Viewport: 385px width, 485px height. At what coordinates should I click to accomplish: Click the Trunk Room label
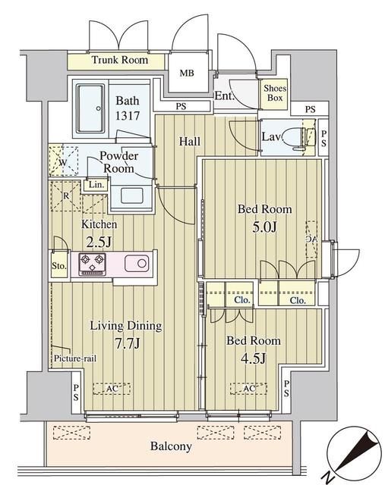pos(120,60)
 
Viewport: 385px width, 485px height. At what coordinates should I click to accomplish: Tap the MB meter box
pos(188,73)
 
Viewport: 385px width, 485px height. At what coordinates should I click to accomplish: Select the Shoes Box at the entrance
pos(274,93)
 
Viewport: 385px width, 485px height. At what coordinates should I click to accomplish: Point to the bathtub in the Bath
pos(90,108)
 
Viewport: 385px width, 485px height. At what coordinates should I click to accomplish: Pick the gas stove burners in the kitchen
pos(92,264)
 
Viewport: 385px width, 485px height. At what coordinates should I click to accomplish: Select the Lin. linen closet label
pos(96,185)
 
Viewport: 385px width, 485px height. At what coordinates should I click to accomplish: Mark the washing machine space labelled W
pos(64,161)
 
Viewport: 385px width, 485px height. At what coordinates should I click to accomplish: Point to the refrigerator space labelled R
pos(66,196)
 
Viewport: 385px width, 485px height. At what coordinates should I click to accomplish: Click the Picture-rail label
pos(75,358)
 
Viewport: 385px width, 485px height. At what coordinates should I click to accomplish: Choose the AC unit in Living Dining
pos(112,389)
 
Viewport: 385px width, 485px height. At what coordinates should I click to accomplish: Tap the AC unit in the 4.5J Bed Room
pos(248,389)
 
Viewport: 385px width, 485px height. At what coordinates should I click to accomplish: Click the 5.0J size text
pos(264,227)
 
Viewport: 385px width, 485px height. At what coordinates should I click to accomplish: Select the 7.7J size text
pos(128,343)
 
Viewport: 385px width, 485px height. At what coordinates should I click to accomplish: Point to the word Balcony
pos(171,446)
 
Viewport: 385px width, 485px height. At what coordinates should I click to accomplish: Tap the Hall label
pos(190,142)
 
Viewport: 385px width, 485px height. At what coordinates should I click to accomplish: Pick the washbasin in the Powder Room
pos(131,196)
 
